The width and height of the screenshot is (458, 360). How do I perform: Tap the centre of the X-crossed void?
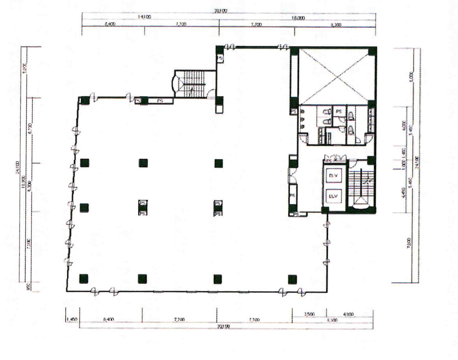pos(334,76)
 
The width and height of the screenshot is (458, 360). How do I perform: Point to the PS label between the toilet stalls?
pos(338,111)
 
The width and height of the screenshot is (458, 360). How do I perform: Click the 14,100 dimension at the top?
pos(144,17)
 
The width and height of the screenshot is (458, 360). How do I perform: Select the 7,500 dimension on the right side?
pos(409,244)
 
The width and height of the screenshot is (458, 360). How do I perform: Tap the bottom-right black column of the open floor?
pos(292,279)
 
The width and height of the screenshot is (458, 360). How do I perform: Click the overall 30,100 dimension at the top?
pos(221,11)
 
